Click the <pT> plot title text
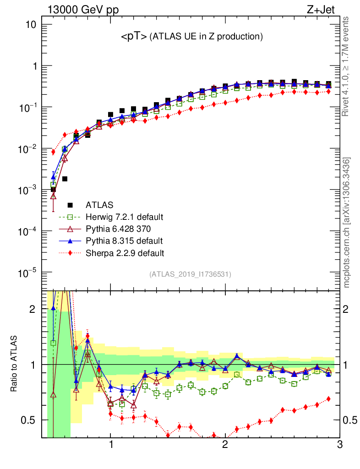[x=191, y=37]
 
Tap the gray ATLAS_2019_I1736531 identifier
[x=190, y=274]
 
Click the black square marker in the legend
[x=70, y=205]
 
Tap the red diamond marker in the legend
[x=70, y=252]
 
